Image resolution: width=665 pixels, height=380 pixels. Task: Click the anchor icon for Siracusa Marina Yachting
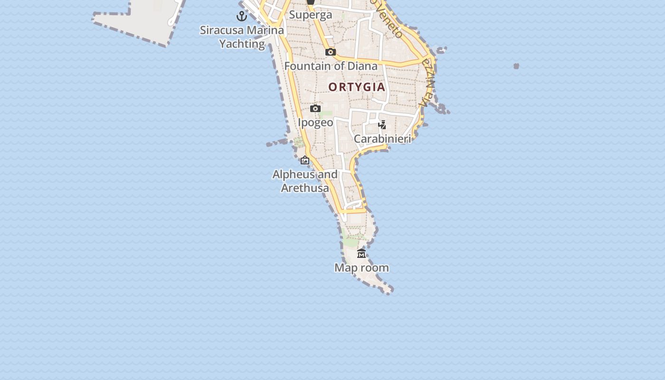pyautogui.click(x=242, y=16)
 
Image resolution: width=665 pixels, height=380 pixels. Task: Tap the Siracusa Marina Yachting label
pyautogui.click(x=242, y=37)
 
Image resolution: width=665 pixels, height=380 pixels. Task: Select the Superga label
pyautogui.click(x=311, y=15)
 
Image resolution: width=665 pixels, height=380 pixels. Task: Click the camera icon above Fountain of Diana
pyautogui.click(x=331, y=52)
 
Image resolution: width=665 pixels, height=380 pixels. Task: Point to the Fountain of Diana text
pyautogui.click(x=331, y=66)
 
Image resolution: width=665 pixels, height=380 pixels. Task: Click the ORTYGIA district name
pyautogui.click(x=357, y=87)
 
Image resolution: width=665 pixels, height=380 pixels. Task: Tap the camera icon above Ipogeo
pyautogui.click(x=315, y=109)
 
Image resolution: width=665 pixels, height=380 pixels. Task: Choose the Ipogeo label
pyautogui.click(x=315, y=123)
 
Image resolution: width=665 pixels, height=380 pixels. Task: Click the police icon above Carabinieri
pyautogui.click(x=382, y=125)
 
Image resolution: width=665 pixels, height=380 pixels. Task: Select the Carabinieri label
pyautogui.click(x=382, y=139)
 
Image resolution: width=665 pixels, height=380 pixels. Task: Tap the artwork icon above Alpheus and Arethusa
pyautogui.click(x=305, y=161)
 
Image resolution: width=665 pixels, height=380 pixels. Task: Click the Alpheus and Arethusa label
pyautogui.click(x=305, y=181)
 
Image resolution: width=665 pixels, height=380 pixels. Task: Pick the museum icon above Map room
pyautogui.click(x=361, y=254)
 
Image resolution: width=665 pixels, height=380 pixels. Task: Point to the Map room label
pyautogui.click(x=361, y=268)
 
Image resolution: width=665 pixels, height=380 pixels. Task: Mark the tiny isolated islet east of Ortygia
pyautogui.click(x=516, y=66)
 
